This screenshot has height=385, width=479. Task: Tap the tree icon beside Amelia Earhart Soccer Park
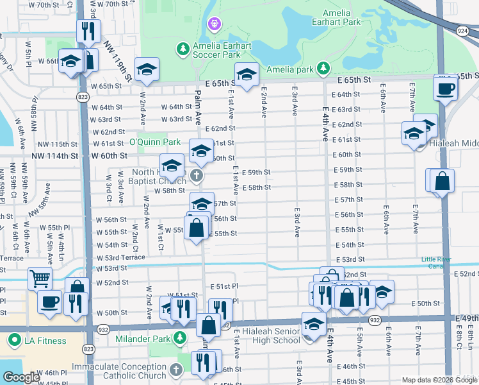coord(183,49)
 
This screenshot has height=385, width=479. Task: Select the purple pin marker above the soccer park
coord(214,24)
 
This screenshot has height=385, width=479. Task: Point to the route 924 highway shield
coord(462,30)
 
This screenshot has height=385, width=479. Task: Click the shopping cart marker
coord(40,279)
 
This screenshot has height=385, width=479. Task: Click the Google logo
coord(21,377)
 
